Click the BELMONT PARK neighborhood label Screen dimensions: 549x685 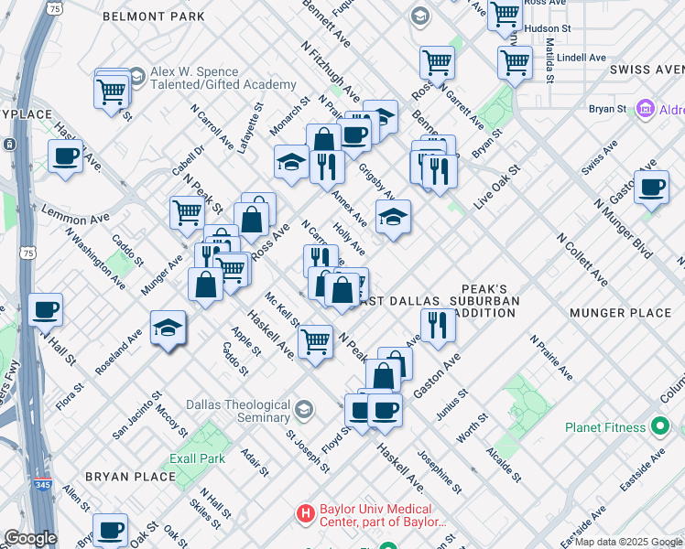pos(153,16)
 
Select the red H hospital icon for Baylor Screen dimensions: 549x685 pos(306,514)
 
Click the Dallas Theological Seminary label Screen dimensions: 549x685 pos(238,411)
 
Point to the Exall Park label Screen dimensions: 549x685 pos(197,457)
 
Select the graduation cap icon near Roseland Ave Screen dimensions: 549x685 pos(169,328)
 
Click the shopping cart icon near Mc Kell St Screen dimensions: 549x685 pos(315,341)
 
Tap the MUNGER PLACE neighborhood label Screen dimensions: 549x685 pos(620,313)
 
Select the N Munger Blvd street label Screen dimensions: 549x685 pos(623,225)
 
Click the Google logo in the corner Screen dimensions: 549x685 pos(29,538)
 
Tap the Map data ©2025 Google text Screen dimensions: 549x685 pos(627,542)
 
